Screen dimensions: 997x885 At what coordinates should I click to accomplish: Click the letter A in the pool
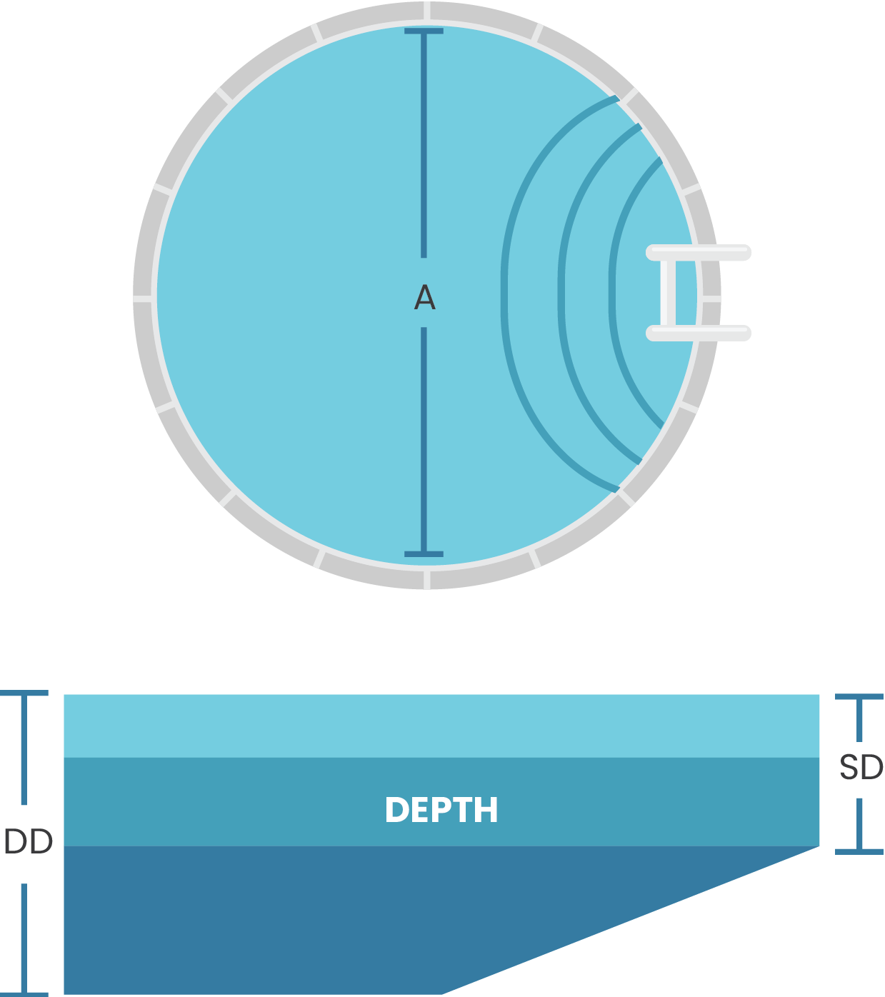(x=424, y=297)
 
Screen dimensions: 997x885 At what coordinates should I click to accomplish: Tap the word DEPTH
(x=441, y=810)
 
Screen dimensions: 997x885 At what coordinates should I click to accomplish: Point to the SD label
(x=861, y=768)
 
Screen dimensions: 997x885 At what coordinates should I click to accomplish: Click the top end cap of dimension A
(x=424, y=31)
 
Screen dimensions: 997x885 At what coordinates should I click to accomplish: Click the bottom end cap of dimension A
(x=424, y=553)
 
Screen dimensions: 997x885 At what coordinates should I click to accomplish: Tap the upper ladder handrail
(x=699, y=253)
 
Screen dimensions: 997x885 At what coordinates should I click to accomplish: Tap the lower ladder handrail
(x=699, y=333)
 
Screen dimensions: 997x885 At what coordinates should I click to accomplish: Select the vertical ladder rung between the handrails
(x=667, y=293)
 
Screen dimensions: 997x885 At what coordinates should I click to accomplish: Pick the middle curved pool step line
(x=561, y=293)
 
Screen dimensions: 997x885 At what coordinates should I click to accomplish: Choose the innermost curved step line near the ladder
(x=612, y=293)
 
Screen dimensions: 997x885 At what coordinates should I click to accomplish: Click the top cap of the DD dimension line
(x=24, y=693)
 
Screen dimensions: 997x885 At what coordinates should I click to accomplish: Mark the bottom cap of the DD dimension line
(x=24, y=993)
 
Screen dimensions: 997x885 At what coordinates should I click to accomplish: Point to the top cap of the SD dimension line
(x=859, y=696)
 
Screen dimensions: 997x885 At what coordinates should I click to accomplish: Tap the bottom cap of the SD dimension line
(x=859, y=851)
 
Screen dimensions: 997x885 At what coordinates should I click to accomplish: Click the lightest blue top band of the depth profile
(x=441, y=726)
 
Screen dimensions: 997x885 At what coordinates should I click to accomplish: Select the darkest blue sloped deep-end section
(x=250, y=921)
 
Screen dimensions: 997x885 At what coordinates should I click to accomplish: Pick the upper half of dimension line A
(x=424, y=143)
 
